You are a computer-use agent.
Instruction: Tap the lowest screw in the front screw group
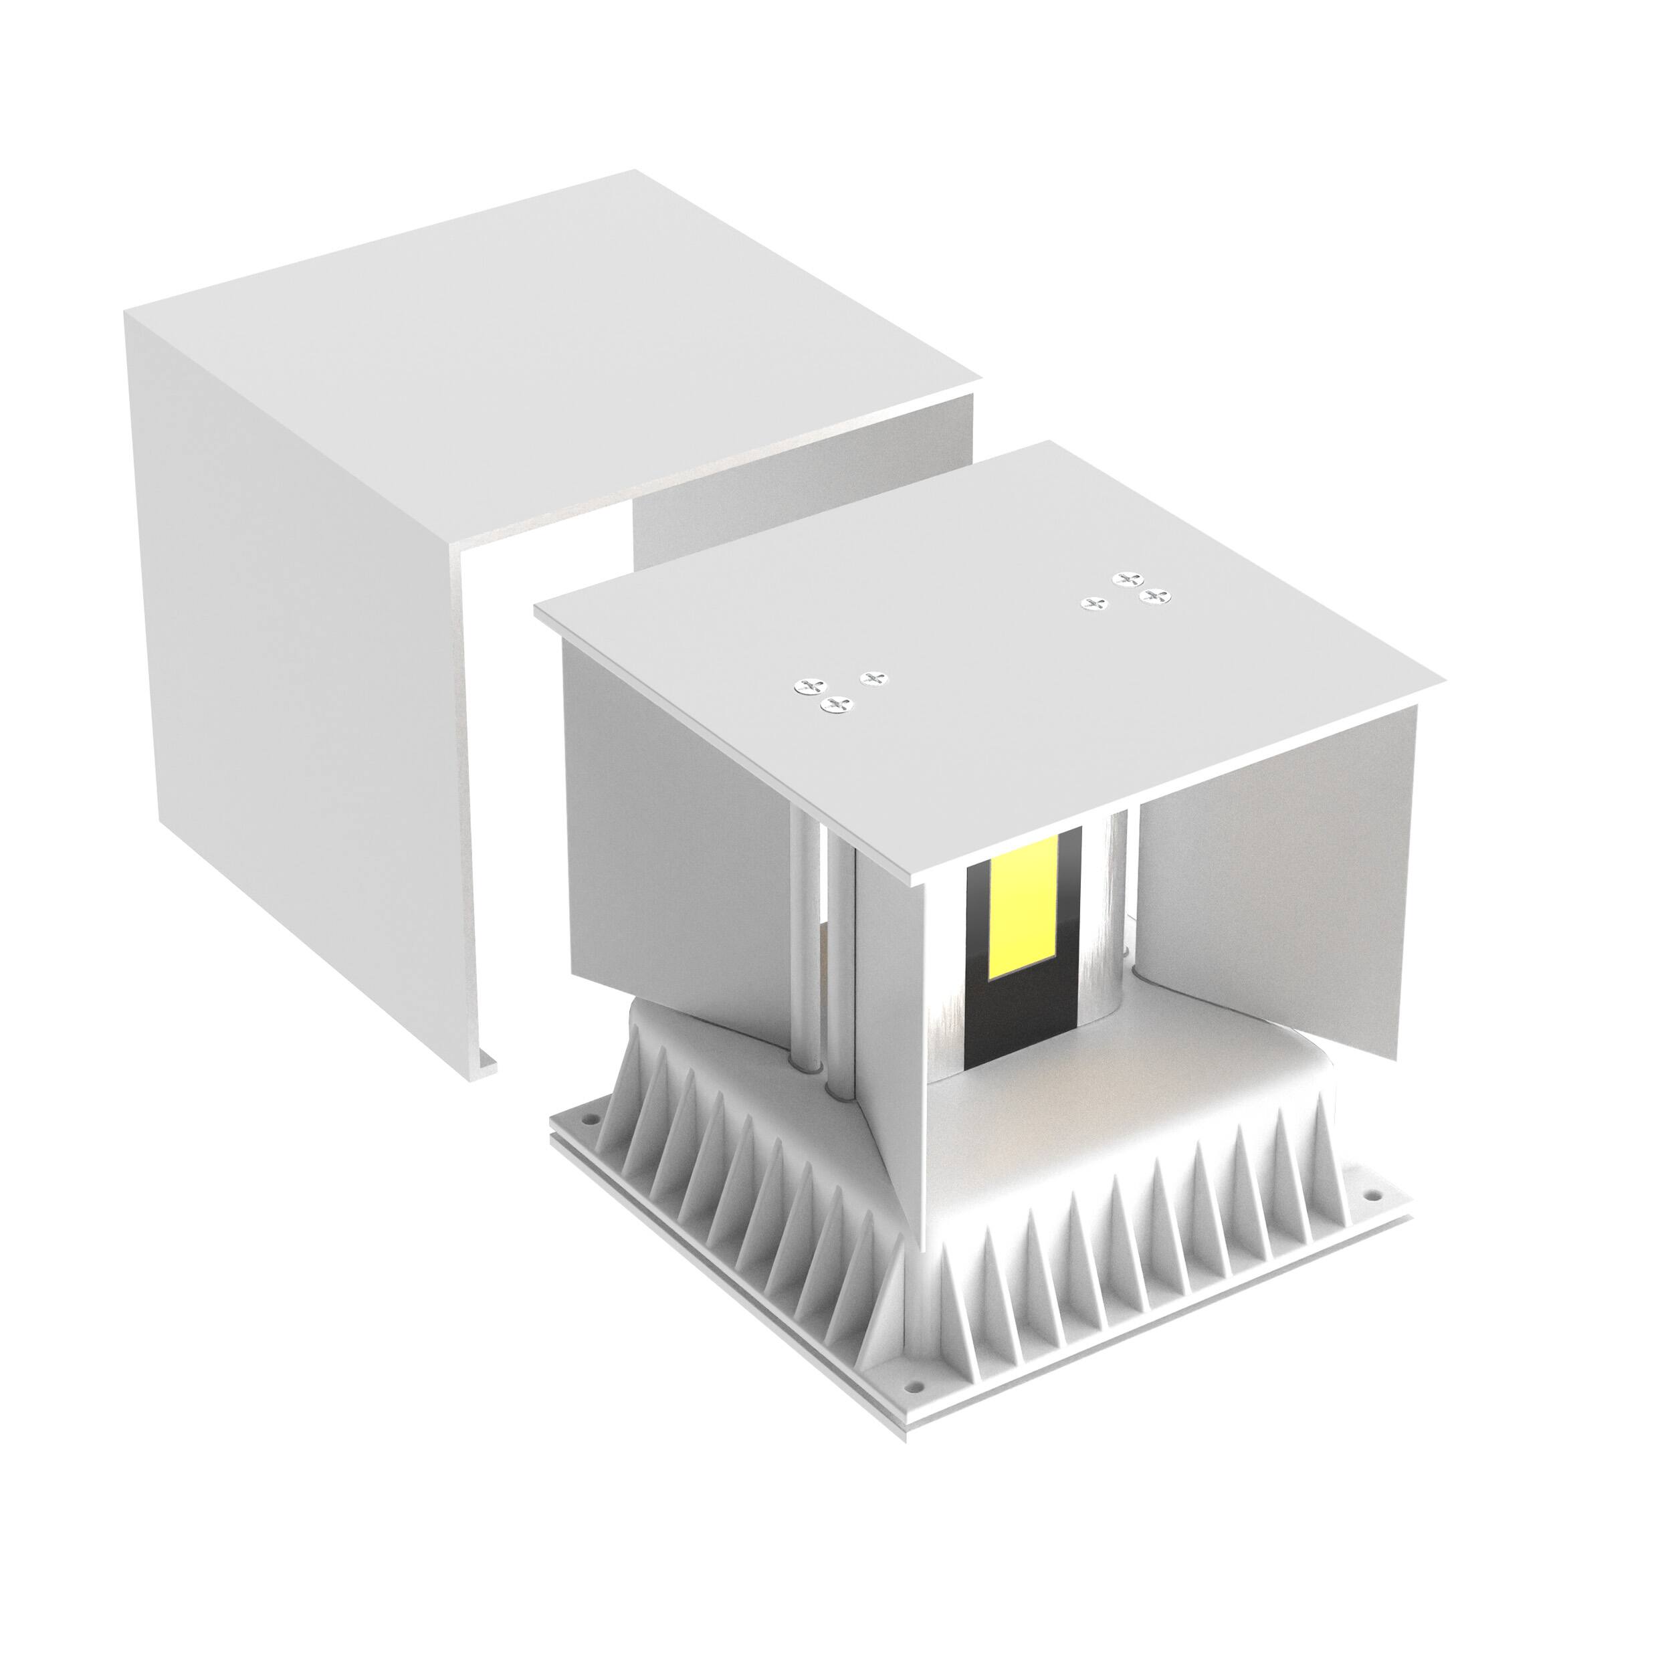pyautogui.click(x=835, y=706)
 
